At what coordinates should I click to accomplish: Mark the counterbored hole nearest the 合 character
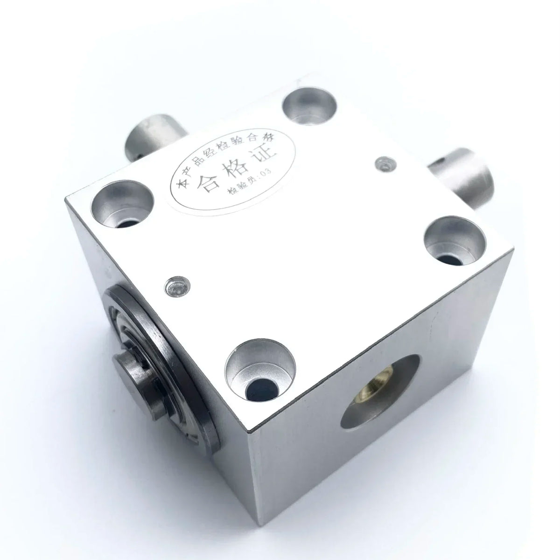tap(123, 205)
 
